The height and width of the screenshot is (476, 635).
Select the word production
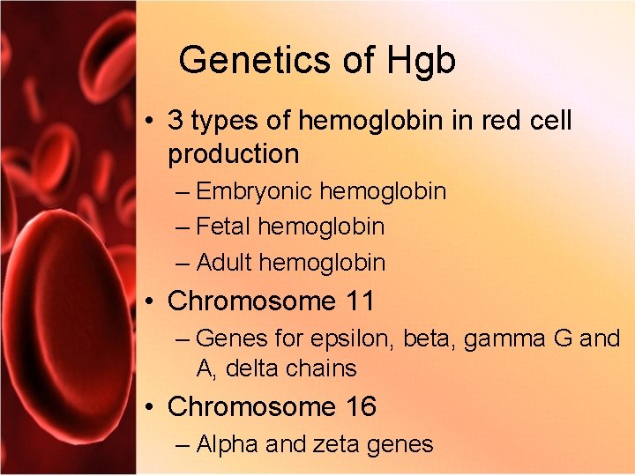coord(234,154)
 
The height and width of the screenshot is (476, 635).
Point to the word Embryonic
coord(255,191)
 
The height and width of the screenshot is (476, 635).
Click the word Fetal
coord(224,227)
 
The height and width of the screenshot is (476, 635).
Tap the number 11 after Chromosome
coord(359,301)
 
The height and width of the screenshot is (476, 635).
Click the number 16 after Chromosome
coord(361,407)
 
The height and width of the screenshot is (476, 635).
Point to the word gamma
coord(499,338)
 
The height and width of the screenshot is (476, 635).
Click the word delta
coord(253,368)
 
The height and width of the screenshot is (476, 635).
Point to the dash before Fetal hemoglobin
coord(183,227)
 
